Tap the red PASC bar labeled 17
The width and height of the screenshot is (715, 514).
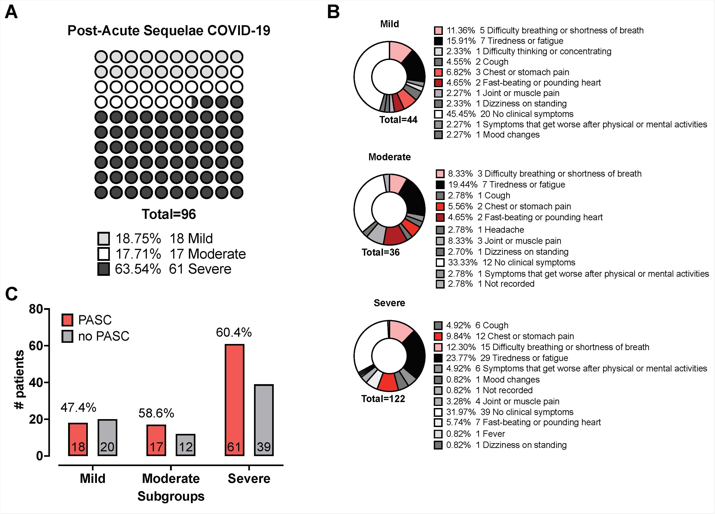click(156, 440)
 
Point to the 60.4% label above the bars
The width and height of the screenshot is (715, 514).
click(234, 332)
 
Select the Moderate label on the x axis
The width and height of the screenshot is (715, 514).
click(170, 478)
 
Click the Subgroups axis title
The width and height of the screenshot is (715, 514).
click(170, 496)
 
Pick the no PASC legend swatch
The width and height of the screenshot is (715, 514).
click(67, 336)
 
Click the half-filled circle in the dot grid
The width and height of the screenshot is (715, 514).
click(191, 102)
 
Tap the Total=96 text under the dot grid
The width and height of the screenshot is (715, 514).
click(169, 214)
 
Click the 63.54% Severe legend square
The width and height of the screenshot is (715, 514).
click(104, 269)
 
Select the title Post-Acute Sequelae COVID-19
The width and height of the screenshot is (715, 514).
click(169, 31)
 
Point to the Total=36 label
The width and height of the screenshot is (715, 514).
click(380, 252)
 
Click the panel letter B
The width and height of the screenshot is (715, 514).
click(333, 12)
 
